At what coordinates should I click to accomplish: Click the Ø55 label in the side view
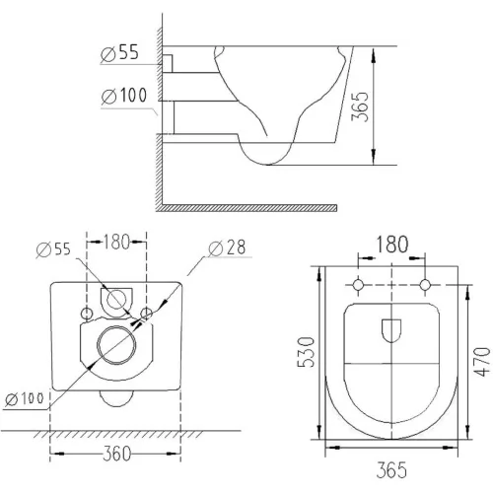coord(120,52)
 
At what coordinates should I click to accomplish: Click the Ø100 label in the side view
coord(124,96)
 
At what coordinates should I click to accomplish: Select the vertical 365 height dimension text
coord(360,106)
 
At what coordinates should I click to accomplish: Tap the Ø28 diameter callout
coord(227,247)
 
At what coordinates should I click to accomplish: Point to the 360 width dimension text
coord(116,454)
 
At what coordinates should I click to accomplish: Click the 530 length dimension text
coord(307,352)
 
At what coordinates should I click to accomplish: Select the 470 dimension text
coord(482,361)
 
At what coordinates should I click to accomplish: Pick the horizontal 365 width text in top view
coord(391,470)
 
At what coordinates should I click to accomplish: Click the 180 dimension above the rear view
coord(116,243)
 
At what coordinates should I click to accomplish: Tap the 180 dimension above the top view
coord(391,245)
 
